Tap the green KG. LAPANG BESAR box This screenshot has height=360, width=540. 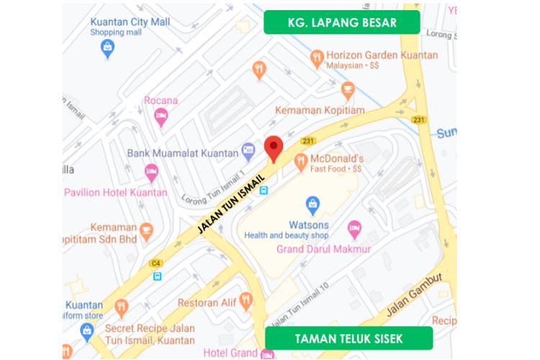coord(341,22)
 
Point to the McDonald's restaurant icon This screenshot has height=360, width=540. coord(300,163)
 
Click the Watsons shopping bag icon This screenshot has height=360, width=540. coord(312,204)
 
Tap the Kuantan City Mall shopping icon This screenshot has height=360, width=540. coord(107,48)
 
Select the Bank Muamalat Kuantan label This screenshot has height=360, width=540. coord(182,153)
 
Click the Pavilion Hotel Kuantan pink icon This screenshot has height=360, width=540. coord(150,172)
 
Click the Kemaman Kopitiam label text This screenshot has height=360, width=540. coord(320,110)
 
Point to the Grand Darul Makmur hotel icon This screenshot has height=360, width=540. coord(354,229)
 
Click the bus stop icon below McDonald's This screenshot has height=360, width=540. coord(264,191)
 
